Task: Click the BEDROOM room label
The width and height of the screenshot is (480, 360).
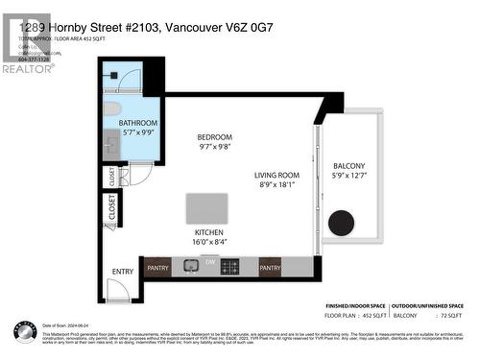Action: pos(214,137)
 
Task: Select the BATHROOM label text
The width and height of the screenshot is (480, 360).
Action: pos(137,124)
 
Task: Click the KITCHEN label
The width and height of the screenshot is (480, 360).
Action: pos(208,233)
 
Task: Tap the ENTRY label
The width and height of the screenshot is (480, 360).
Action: pos(123,272)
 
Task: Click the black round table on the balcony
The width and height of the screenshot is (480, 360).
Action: pos(341,223)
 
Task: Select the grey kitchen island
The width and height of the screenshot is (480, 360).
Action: pos(206,208)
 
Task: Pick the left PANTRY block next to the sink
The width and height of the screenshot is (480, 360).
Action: pos(157,268)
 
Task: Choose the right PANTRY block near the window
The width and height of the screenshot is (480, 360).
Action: pos(270,268)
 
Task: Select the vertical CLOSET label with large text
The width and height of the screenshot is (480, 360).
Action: pos(112,209)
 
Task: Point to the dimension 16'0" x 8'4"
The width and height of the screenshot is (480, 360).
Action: pos(208,244)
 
